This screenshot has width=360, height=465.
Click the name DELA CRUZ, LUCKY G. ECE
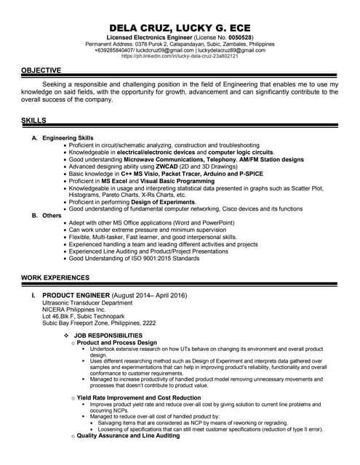(180, 24)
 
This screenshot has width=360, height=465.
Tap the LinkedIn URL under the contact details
(180, 56)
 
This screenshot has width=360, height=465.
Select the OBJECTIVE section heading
(41, 70)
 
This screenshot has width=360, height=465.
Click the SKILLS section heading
(33, 118)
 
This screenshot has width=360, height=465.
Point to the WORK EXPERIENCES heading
(55, 278)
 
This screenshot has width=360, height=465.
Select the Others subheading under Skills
(52, 215)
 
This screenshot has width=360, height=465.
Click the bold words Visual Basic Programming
(180, 180)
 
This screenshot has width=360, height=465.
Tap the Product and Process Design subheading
(116, 342)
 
